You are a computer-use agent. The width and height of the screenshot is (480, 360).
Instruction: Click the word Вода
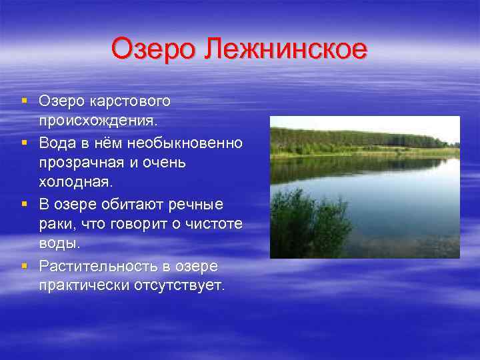58,143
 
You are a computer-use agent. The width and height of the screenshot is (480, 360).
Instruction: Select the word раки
57,225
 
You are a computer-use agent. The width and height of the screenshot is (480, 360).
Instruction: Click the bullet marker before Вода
24,142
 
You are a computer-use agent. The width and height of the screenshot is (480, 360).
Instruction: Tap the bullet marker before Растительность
24,265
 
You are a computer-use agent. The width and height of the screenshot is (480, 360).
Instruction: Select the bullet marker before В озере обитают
24,203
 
